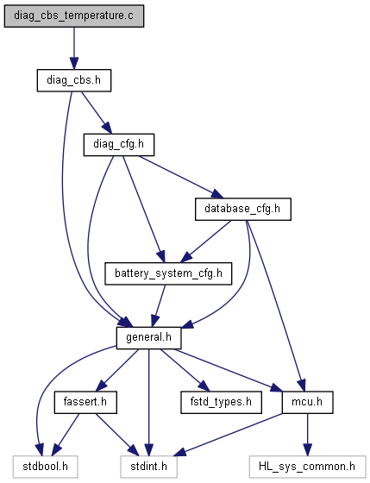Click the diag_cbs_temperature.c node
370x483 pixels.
74,16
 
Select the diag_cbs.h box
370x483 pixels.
74,80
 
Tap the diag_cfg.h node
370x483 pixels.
119,145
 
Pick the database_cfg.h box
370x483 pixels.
242,209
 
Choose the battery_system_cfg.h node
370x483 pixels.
168,273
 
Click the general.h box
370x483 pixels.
148,338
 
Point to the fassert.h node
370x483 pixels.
85,402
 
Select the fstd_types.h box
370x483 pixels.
221,402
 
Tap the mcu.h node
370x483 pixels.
307,402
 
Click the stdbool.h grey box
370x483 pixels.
46,467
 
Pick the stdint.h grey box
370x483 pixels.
148,467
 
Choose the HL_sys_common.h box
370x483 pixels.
307,467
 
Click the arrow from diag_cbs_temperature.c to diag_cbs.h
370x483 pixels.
74,48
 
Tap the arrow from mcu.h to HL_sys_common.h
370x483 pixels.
307,435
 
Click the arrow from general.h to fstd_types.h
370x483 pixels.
185,370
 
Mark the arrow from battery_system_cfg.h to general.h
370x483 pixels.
159,306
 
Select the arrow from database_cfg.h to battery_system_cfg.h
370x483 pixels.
206,241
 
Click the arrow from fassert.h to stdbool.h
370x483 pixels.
66,435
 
